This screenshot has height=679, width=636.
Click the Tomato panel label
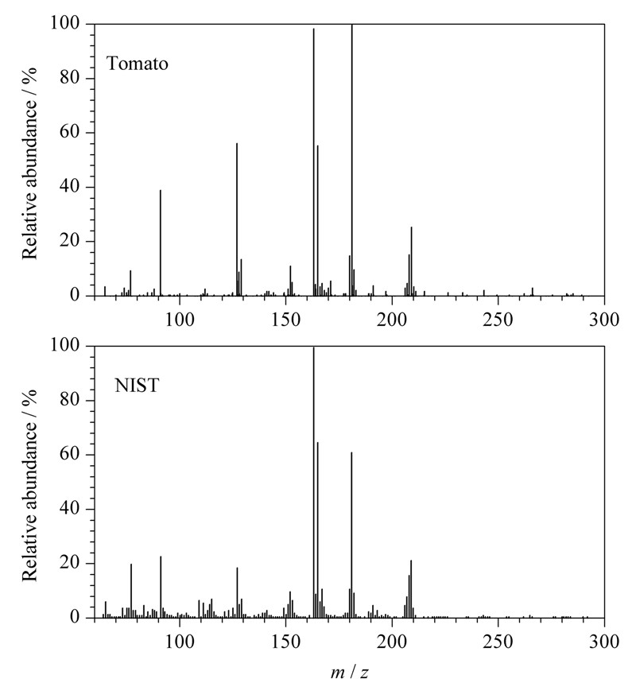point(138,64)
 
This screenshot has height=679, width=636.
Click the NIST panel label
point(137,385)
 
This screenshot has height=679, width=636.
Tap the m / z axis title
point(349,671)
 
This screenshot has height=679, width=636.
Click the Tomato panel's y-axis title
point(29,163)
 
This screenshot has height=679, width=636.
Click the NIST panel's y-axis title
point(29,485)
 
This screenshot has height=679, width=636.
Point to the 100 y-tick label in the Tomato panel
point(65,23)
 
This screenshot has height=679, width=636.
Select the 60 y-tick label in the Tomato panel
point(70,132)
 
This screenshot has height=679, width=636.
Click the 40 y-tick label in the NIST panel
point(70,508)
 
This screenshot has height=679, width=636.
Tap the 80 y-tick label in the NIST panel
point(70,400)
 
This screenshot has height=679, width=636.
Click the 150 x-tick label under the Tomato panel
point(285,320)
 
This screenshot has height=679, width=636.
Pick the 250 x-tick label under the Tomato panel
point(498,320)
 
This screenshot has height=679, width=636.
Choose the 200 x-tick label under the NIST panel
point(392,642)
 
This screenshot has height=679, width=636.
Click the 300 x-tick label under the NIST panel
point(604,642)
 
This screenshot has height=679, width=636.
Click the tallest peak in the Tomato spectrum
point(352,160)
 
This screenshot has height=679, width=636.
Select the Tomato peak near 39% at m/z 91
point(161,243)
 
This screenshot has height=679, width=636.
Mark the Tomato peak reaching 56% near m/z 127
point(237,219)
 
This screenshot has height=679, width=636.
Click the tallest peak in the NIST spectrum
point(313,482)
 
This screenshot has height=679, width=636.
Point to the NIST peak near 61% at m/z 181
point(351,535)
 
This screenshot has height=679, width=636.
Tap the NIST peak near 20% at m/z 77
point(131,591)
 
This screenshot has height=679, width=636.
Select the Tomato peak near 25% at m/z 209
point(411,262)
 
